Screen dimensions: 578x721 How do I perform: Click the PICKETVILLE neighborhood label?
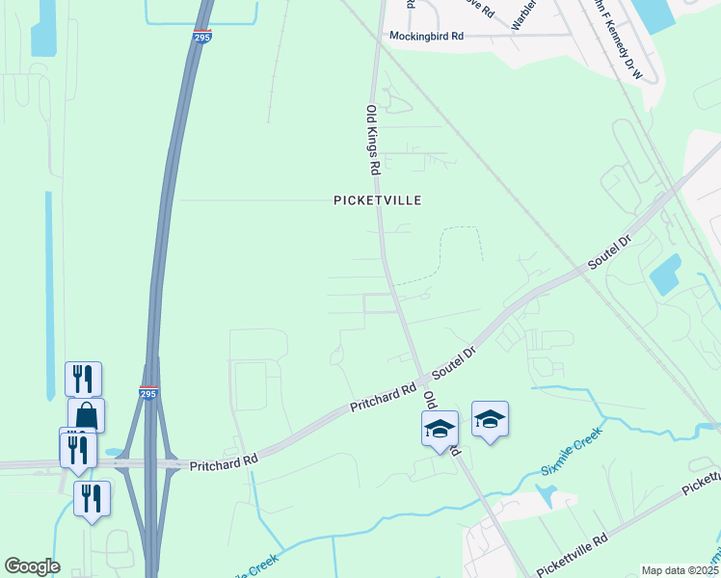[378, 200]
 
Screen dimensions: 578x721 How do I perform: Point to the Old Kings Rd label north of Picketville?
[371, 140]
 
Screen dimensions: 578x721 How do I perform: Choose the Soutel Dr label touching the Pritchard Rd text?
[455, 363]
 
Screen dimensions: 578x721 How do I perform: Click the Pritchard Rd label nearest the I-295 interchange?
[224, 461]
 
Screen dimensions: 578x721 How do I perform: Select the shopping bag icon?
[87, 415]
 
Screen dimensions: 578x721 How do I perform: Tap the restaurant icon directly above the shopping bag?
[83, 378]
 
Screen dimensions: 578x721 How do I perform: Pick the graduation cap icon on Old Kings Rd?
[440, 427]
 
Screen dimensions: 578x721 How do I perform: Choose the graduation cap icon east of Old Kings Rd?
[490, 418]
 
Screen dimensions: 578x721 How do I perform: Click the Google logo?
[32, 566]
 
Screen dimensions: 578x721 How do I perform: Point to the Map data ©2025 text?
[679, 570]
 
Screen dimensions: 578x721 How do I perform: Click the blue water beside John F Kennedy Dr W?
[652, 15]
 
